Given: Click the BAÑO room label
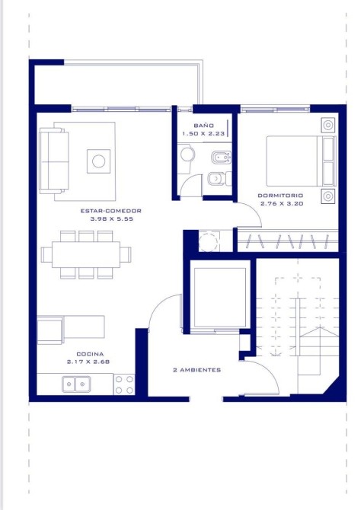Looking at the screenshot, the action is (x=204, y=126).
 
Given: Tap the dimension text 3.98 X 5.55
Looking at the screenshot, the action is (x=112, y=219).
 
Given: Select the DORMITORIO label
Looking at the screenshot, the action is (x=280, y=196).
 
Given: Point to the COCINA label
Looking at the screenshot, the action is (x=90, y=354).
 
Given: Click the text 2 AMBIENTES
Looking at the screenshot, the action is (x=196, y=370).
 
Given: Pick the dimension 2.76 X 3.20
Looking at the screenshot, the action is (x=282, y=203).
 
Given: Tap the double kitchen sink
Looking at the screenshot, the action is (x=76, y=384).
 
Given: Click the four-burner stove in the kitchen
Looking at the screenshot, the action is (x=124, y=384).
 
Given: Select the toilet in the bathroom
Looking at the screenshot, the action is (x=219, y=178).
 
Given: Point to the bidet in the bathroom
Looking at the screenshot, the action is (x=221, y=158).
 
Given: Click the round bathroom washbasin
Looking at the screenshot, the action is (x=187, y=155).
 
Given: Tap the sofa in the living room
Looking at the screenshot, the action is (x=53, y=161).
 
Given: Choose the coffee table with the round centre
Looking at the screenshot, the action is (x=98, y=161).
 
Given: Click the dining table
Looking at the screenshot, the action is (x=86, y=254).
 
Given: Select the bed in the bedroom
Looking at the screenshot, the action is (x=301, y=161).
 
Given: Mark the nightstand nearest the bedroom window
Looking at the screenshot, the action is (x=328, y=125).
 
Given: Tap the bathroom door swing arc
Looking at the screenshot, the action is (x=190, y=181).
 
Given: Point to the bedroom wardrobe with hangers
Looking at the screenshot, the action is (x=288, y=241).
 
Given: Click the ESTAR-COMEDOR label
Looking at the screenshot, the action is (x=111, y=211).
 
